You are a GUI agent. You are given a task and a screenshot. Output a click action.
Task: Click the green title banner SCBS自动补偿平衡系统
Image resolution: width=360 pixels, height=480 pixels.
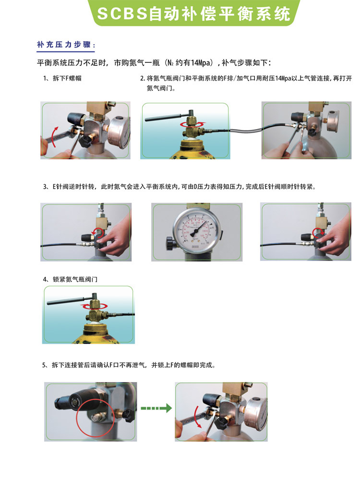(x=194, y=13)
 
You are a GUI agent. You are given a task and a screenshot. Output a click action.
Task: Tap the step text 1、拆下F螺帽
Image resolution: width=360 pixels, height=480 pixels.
(x=62, y=78)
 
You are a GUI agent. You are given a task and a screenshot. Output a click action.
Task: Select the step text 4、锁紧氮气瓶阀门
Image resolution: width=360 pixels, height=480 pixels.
(x=70, y=279)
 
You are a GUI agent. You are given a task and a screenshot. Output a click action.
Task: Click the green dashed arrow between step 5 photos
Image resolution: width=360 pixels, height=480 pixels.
(x=156, y=408)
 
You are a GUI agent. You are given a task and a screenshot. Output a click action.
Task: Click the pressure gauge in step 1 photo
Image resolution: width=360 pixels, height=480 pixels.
(x=120, y=132)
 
